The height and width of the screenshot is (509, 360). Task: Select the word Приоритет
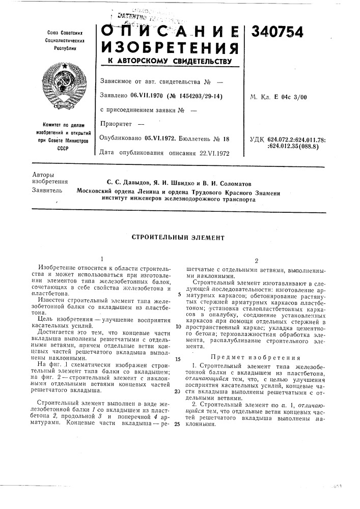[x=116, y=124]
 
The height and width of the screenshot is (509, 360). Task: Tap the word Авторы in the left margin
[x=41, y=174]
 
